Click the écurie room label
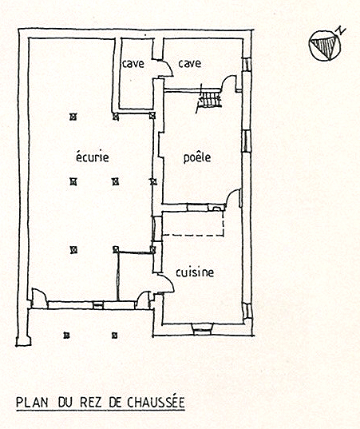[92, 157]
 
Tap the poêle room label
[197, 157]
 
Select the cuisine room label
[195, 272]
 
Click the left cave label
[133, 64]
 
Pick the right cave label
[190, 64]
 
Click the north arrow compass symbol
[326, 46]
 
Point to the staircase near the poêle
[209, 99]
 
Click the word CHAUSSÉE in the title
[156, 403]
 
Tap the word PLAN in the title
[32, 403]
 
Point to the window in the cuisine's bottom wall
[204, 328]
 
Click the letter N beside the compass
[340, 30]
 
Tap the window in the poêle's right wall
[246, 141]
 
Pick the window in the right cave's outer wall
[247, 65]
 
